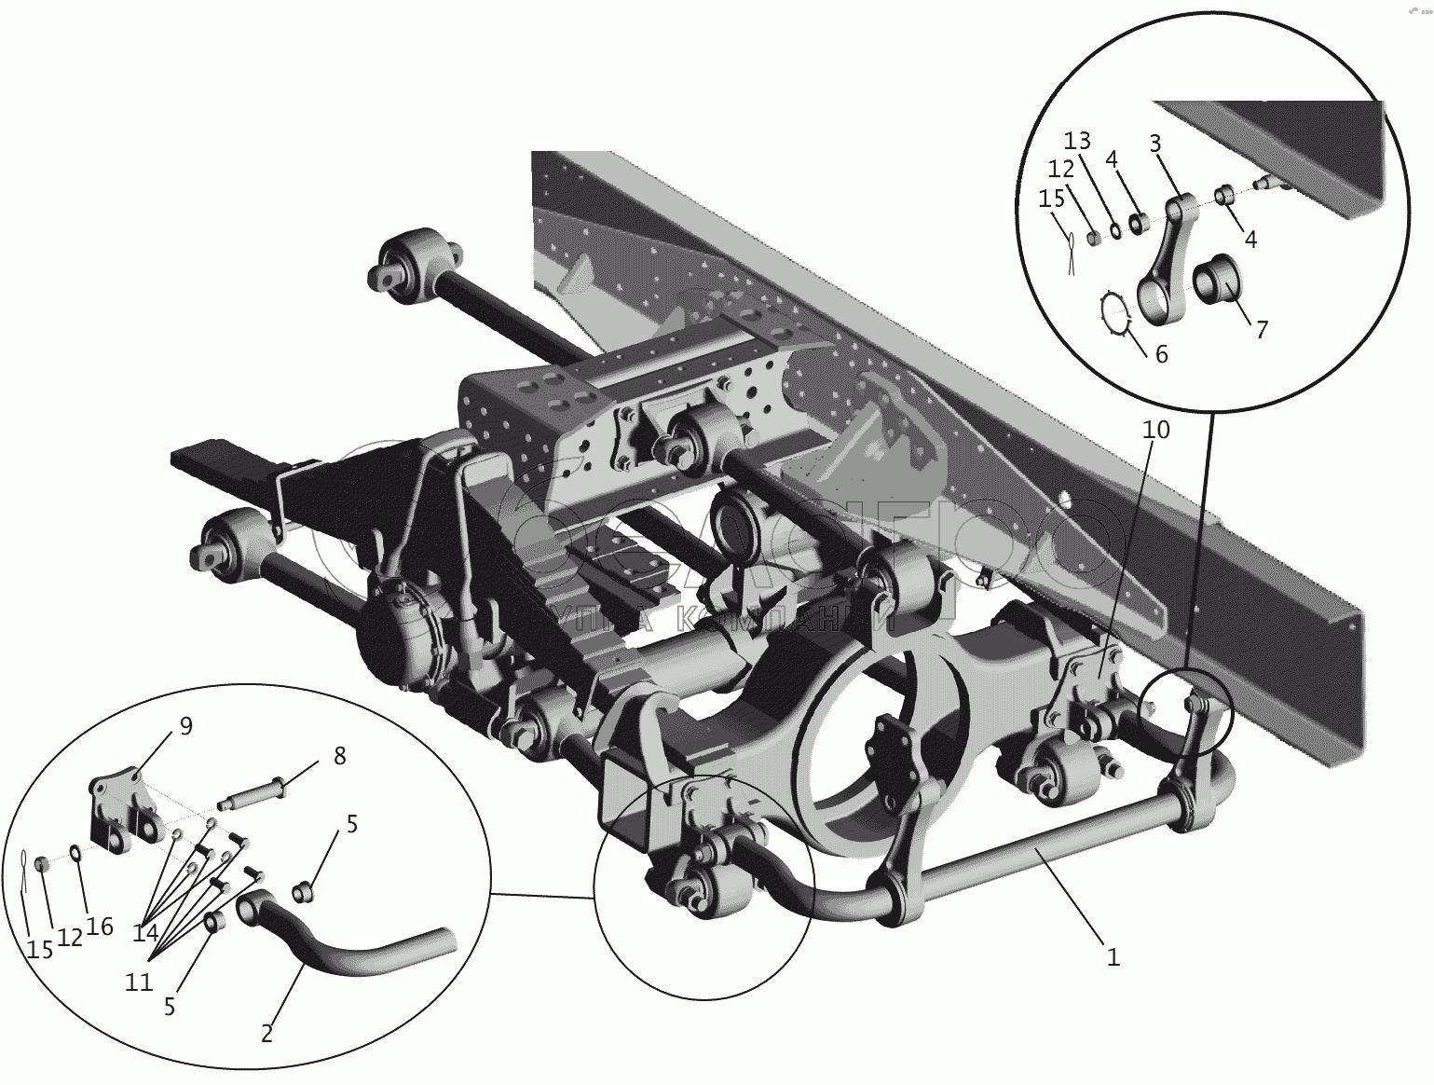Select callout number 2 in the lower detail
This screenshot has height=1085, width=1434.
tap(266, 1033)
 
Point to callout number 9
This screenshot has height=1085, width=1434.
tap(185, 726)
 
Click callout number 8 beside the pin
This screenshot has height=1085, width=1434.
tap(338, 756)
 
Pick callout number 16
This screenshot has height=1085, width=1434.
tap(99, 926)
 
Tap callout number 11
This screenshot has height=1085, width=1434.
tap(139, 982)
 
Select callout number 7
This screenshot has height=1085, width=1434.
tap(1261, 329)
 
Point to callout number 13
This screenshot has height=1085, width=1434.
tap(1077, 141)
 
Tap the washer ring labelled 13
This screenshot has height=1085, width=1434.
tap(1115, 228)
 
